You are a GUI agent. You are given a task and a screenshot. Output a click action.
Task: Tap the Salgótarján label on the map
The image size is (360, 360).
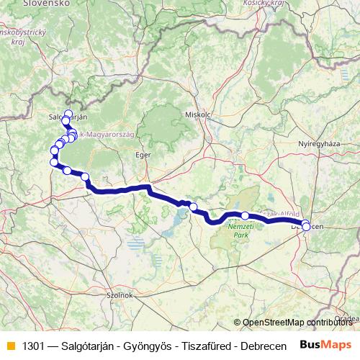[x=66, y=117]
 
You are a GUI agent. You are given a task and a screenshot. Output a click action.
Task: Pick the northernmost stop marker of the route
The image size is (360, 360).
[x=68, y=113]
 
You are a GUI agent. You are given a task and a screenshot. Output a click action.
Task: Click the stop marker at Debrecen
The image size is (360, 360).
[x=306, y=226]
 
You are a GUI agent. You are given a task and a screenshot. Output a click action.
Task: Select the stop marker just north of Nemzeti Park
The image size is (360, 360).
[x=245, y=215]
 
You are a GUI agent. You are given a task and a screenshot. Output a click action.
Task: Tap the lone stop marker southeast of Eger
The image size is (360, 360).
[x=193, y=207]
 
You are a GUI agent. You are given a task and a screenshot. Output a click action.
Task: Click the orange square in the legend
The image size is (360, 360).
[x=10, y=345]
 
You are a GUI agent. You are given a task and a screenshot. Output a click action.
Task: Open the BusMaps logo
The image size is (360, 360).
[x=326, y=344]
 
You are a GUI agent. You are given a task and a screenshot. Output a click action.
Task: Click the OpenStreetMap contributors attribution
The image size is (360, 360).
[x=295, y=322]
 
